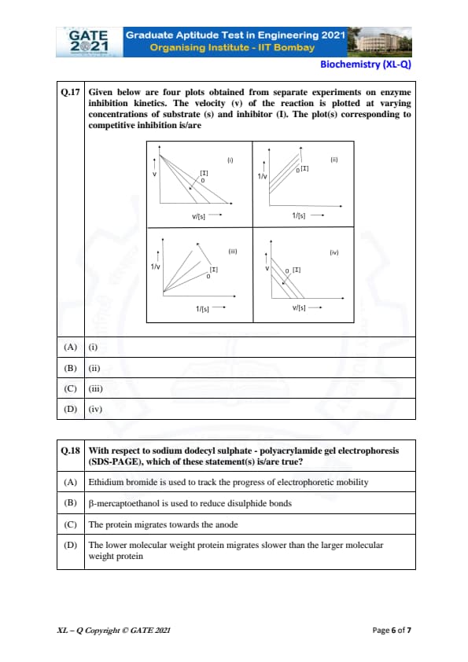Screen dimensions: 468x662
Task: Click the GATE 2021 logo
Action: pos(89,42)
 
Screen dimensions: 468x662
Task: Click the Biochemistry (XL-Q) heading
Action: pos(366,64)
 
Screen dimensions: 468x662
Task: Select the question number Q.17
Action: pos(70,92)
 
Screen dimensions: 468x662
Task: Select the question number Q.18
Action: pos(70,451)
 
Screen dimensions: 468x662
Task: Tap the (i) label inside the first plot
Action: pos(230,160)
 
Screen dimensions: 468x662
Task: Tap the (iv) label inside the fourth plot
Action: pos(334,252)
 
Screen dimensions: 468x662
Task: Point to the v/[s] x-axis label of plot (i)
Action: pos(198,216)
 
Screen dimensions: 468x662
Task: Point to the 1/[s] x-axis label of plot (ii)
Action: pos(299,215)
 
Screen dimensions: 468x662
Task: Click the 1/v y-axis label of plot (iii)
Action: pos(156,267)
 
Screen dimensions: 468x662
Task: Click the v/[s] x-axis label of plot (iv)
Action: pos(299,307)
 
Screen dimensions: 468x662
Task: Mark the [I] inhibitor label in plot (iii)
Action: pos(214,270)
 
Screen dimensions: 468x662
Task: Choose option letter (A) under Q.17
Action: pos(70,347)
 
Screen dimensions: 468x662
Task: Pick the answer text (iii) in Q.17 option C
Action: pos(95,389)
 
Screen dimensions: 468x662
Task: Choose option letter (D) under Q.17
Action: pos(70,409)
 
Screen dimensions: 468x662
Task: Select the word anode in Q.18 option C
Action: pos(227,524)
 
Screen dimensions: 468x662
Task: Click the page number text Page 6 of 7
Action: pos(392,631)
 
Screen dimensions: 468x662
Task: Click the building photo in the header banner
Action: pos(379,42)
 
